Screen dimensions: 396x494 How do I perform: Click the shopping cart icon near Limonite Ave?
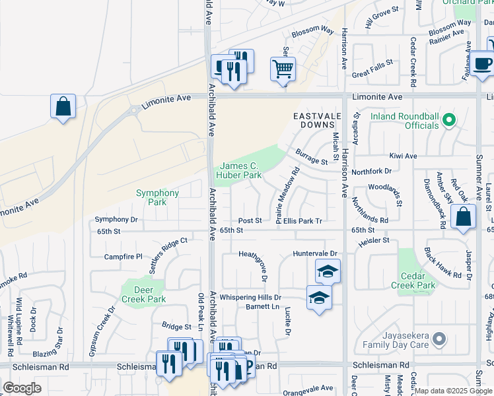[283, 69]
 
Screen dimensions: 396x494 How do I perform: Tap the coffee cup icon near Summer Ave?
[483, 64]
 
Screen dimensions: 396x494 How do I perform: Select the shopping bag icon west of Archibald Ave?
[63, 106]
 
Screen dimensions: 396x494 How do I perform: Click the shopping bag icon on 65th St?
[464, 216]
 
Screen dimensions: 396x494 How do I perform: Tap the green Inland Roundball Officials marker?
[449, 121]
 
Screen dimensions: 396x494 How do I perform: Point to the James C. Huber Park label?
[241, 171]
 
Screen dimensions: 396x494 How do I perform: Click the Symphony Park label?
[157, 197]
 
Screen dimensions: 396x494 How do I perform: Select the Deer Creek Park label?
[143, 294]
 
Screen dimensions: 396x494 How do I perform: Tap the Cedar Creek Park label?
[417, 280]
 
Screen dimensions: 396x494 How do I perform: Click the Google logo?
[22, 388]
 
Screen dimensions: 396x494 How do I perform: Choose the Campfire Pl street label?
[123, 256]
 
